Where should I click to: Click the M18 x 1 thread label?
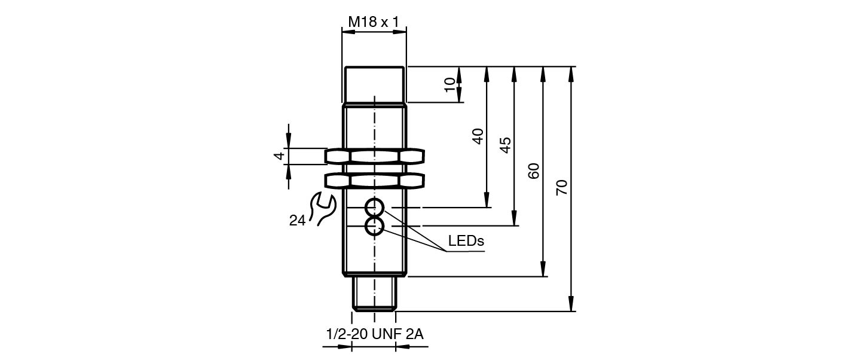point(374,23)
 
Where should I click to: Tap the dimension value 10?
point(450,84)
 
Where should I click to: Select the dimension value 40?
point(478,136)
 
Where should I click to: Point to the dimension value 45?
point(505,145)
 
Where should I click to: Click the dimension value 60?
point(534,171)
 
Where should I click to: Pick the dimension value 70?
point(562,188)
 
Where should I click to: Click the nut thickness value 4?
point(279,156)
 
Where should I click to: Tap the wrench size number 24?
point(297,221)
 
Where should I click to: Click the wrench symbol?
point(325,209)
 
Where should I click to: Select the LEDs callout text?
point(466,241)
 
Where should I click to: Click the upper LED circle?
point(375,208)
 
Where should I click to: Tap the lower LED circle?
point(375,226)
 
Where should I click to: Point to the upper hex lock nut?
point(374,157)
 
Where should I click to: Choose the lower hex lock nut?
point(374,180)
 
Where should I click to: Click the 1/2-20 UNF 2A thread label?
point(375,334)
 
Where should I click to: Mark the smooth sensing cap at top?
point(375,84)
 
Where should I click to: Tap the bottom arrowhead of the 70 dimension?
point(571,306)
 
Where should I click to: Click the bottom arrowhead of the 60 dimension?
point(543,271)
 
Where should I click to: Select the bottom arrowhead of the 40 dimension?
point(487,202)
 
